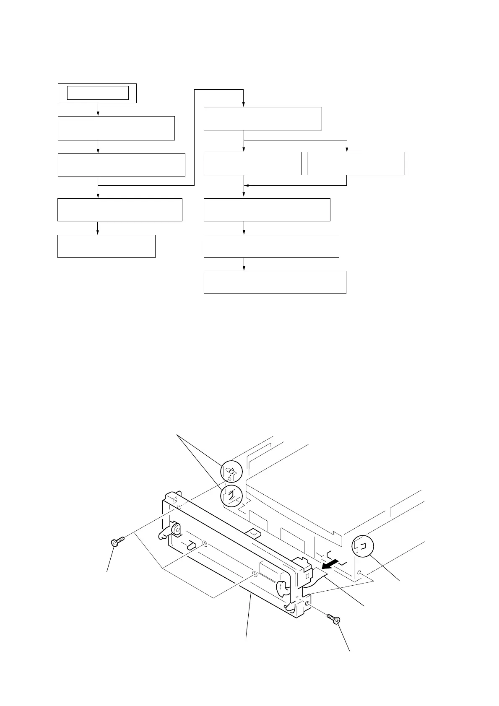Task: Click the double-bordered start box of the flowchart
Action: click(97, 93)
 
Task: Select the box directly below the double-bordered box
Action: click(116, 128)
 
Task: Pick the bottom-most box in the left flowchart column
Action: click(106, 246)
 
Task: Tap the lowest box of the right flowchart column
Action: click(275, 282)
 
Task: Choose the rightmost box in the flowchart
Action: click(356, 164)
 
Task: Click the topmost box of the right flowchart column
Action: click(262, 119)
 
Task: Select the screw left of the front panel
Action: click(117, 542)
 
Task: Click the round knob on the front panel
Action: click(176, 530)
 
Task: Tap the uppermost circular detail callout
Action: click(232, 471)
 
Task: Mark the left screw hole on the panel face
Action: click(204, 544)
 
